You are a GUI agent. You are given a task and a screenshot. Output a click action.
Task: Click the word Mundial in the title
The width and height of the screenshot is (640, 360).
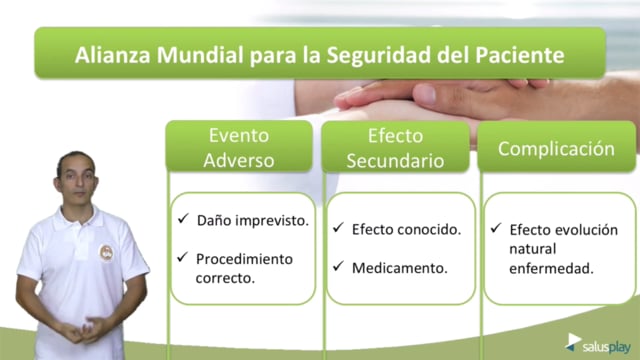tap(200, 55)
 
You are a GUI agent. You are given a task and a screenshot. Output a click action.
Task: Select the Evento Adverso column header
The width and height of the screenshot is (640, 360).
tap(239, 147)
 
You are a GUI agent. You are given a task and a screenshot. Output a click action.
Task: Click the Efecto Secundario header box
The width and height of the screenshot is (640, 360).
tap(396, 147)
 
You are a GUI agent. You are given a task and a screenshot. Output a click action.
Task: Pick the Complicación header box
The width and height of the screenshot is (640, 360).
tap(556, 147)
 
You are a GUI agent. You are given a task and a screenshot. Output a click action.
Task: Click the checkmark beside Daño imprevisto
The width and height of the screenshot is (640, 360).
tap(183, 218)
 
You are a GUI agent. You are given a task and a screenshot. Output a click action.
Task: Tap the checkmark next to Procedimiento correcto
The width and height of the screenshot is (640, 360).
tap(182, 257)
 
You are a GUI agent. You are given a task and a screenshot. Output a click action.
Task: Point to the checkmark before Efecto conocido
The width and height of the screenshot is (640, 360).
tap(338, 227)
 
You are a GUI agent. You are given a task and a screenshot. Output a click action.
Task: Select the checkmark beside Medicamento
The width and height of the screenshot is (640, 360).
tap(338, 266)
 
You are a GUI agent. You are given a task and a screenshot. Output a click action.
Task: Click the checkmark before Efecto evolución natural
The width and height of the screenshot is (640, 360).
tap(496, 228)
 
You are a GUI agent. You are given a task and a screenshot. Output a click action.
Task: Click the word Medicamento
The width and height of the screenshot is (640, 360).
tap(400, 268)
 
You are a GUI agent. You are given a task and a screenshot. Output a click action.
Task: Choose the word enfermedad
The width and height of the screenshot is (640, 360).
tap(551, 269)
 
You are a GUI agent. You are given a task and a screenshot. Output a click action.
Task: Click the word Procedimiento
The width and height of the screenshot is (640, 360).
tap(244, 259)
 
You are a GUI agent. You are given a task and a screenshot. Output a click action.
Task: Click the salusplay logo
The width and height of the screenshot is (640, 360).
tap(598, 344)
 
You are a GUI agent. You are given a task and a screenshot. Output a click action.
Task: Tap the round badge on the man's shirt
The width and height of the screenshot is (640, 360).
tap(107, 253)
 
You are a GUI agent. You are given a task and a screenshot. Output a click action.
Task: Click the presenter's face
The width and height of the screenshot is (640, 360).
tap(77, 178)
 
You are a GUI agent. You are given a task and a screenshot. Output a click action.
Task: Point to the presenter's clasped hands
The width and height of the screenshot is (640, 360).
tap(84, 329)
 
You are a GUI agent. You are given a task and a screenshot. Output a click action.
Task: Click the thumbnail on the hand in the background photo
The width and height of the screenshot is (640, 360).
tap(425, 94)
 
